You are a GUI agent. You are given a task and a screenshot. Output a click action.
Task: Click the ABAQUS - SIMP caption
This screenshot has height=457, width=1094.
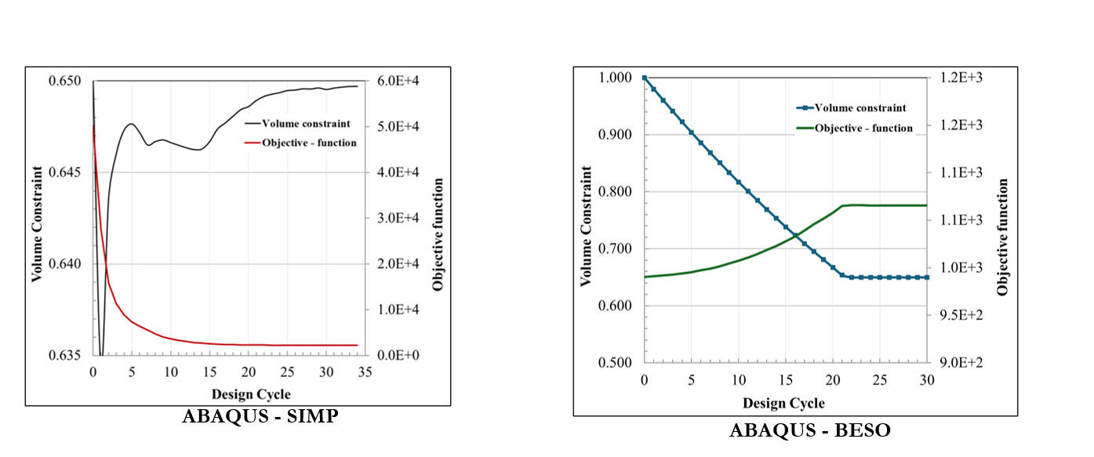coord(260,417)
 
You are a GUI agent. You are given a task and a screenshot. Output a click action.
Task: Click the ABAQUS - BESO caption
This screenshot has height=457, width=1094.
coord(810,430)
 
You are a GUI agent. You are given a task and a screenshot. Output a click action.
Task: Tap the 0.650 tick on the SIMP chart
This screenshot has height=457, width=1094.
coord(66,81)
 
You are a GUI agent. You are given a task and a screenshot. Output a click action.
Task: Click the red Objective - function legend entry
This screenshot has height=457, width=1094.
coord(311,143)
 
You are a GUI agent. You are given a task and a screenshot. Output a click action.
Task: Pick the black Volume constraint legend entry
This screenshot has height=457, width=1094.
coord(307,123)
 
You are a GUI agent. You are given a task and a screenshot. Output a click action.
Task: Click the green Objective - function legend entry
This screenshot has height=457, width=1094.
coord(863,128)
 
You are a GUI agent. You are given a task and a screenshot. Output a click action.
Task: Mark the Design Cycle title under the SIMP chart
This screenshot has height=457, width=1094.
coord(252,394)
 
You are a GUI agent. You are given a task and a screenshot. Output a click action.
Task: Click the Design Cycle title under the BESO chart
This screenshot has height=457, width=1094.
coord(783,403)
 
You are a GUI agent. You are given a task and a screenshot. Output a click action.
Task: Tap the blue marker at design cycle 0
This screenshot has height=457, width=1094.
coord(645,78)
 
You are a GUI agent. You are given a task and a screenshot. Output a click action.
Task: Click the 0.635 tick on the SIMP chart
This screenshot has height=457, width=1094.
coord(66,355)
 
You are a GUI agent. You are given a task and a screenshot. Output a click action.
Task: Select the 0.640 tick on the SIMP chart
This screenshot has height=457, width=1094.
coord(66,263)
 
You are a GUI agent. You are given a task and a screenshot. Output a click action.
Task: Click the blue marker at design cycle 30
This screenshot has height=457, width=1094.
coord(927,277)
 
